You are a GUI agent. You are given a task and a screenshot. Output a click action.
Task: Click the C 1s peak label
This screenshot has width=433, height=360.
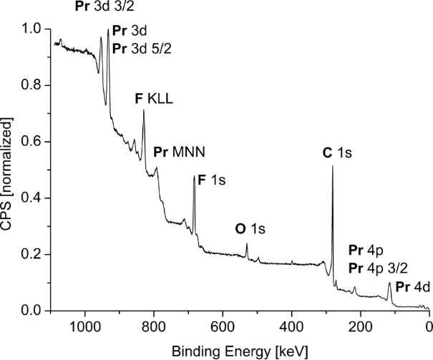pyautogui.click(x=339, y=152)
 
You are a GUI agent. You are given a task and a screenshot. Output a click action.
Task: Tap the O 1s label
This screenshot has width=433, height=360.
pyautogui.click(x=250, y=229)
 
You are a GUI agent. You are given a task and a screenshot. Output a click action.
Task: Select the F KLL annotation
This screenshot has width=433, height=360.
pyautogui.click(x=155, y=99)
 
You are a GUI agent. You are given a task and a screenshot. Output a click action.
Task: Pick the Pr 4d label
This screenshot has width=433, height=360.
pyautogui.click(x=412, y=288)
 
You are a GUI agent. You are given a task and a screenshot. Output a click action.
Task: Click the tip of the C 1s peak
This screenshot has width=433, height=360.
pyautogui.click(x=332, y=166)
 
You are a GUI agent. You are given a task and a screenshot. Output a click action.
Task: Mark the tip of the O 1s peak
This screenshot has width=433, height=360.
pyautogui.click(x=246, y=243)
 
